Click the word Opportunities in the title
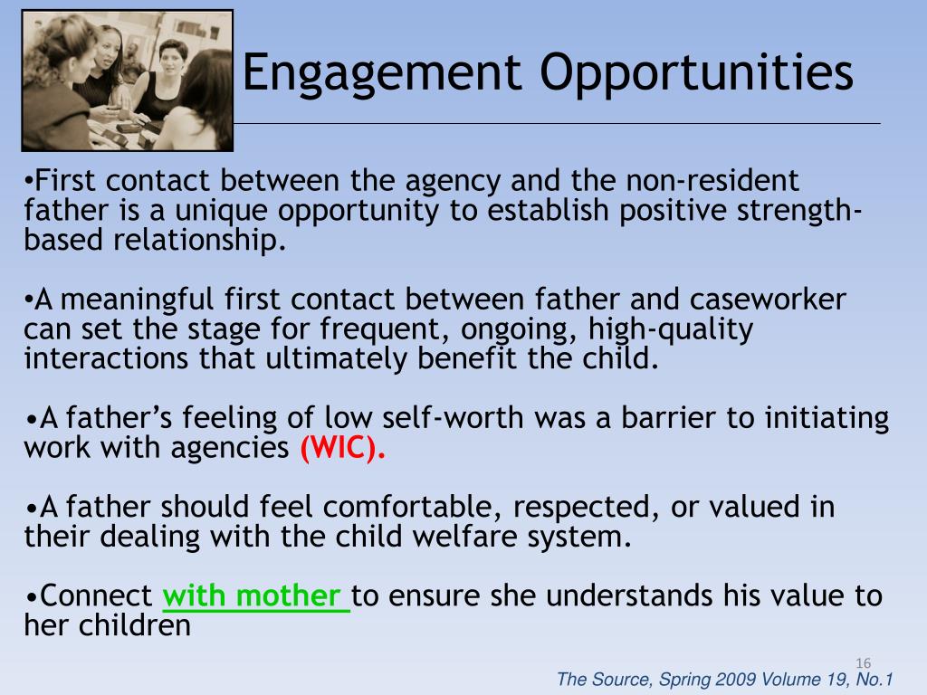tap(697, 74)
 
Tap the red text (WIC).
tap(342, 448)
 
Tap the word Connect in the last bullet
tap(97, 597)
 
